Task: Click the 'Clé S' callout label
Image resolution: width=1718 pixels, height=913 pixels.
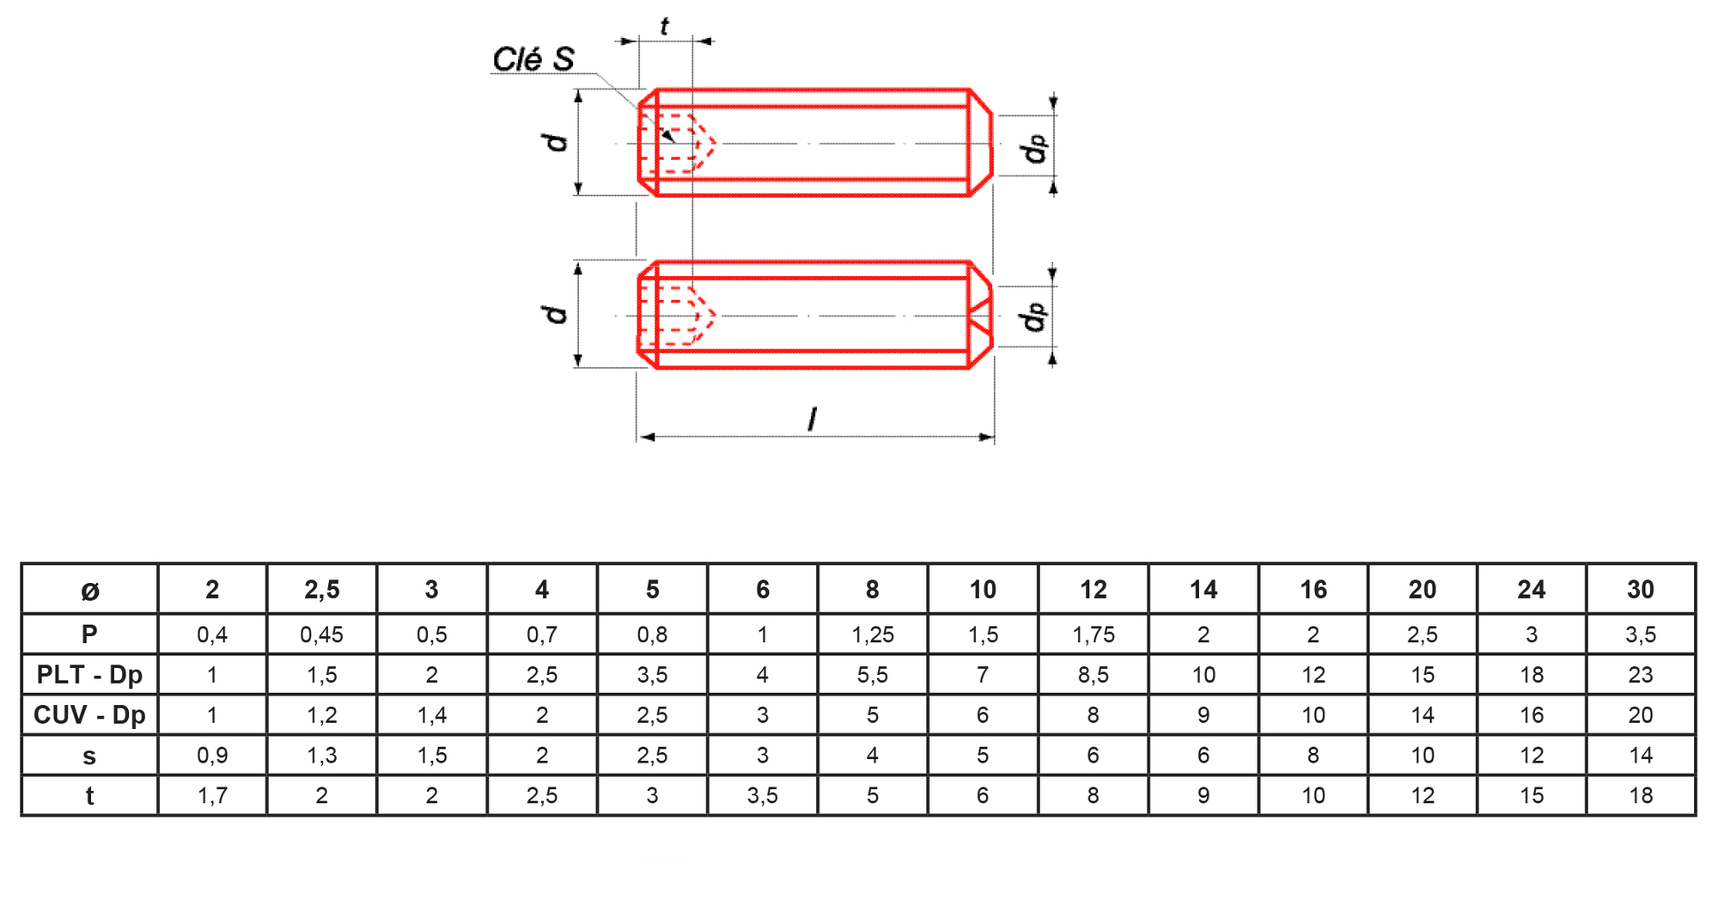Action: point(533,59)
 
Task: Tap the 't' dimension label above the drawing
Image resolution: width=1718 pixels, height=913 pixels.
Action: point(664,27)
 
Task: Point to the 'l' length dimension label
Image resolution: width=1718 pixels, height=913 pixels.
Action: point(812,420)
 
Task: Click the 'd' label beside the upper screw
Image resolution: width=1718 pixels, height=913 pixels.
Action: point(557,142)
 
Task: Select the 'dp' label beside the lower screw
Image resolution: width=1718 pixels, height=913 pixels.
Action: point(1033,316)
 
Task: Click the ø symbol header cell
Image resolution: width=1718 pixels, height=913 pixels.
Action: point(90,591)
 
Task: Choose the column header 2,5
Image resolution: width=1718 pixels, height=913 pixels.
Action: point(322,590)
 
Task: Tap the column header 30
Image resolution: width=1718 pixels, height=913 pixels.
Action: point(1641,590)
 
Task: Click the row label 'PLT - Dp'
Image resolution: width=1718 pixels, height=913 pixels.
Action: point(89,675)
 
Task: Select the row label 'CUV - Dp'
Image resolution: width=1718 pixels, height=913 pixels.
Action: point(89,715)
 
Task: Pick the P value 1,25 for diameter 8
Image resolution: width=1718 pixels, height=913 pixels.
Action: point(873,635)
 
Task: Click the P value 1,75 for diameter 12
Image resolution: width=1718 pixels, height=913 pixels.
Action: point(1094,635)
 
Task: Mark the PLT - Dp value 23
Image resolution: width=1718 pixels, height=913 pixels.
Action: point(1641,675)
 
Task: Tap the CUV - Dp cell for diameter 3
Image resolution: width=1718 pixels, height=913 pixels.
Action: point(432,715)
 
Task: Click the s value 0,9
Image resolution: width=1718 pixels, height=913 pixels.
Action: point(212,756)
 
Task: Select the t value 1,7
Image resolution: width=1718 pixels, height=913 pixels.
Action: point(212,796)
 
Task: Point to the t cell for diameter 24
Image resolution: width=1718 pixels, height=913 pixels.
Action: point(1532,796)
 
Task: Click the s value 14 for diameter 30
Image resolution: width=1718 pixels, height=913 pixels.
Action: point(1641,756)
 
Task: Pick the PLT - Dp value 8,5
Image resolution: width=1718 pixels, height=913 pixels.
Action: point(1094,675)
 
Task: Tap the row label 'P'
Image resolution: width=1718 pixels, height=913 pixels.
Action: point(89,634)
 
